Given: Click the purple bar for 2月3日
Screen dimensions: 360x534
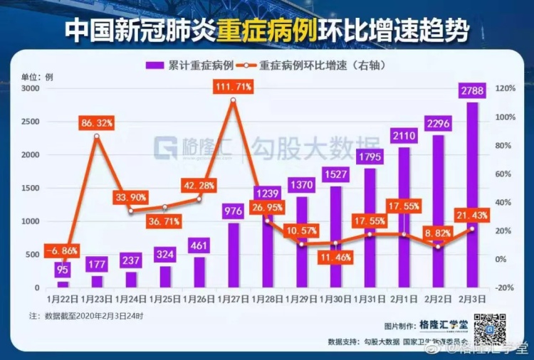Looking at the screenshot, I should pyautogui.click(x=472, y=199).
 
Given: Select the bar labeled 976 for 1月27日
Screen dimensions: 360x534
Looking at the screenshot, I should pyautogui.click(x=234, y=256).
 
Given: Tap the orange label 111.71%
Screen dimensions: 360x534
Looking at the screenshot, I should pyautogui.click(x=234, y=87).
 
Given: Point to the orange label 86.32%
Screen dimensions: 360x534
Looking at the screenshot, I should pyautogui.click(x=98, y=123).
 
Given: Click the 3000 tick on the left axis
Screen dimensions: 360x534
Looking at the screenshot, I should pyautogui.click(x=30, y=88).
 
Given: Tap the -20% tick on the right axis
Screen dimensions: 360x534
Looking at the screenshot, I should pyautogui.click(x=506, y=288).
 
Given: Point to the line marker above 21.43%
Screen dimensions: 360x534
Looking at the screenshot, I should pyautogui.click(x=472, y=229).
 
